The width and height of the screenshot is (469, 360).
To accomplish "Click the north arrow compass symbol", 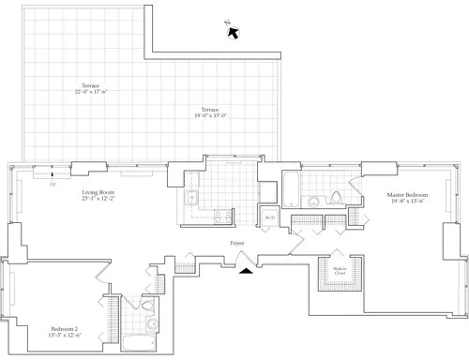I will coord(233,31).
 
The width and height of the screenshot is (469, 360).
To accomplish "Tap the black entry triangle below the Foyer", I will coord(247,271).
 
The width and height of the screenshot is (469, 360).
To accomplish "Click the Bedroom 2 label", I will coord(65,328).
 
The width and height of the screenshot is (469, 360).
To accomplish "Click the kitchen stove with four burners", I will coord(222,217).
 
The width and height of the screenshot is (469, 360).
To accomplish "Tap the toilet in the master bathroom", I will coord(337,198).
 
